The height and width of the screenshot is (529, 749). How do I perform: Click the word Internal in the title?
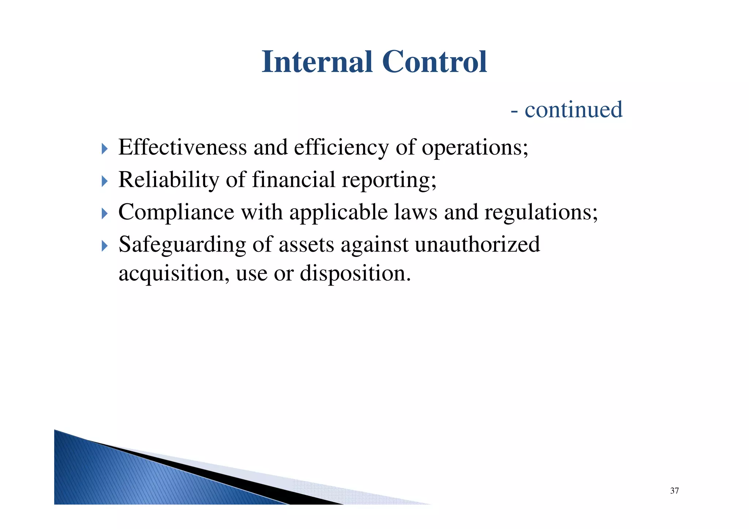[x=317, y=62]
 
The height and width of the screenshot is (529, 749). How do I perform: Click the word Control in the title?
[x=434, y=62]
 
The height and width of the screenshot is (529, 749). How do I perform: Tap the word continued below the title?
[x=573, y=110]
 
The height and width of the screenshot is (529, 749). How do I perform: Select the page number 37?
[x=674, y=491]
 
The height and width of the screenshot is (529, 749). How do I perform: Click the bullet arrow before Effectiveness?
[x=105, y=149]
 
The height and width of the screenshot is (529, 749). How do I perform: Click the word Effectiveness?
[x=182, y=147]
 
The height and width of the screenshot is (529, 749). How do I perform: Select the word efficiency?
[x=341, y=148]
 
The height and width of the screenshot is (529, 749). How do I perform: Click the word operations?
[x=474, y=148]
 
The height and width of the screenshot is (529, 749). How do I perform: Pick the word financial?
[x=293, y=180]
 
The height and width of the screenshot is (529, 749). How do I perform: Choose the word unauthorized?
[x=477, y=245]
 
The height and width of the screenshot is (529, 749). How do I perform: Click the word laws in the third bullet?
[x=415, y=212]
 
